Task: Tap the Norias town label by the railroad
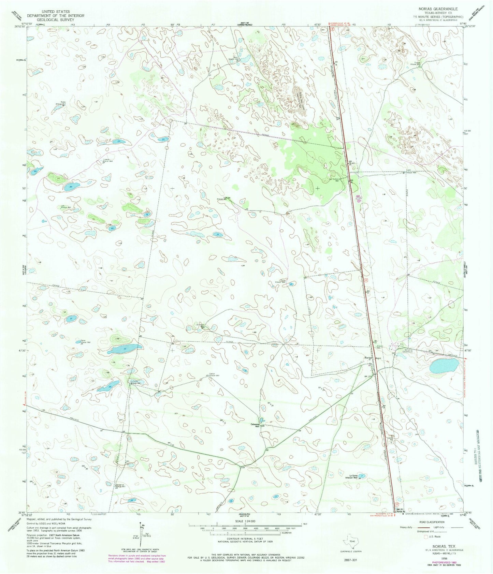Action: [367, 357]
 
